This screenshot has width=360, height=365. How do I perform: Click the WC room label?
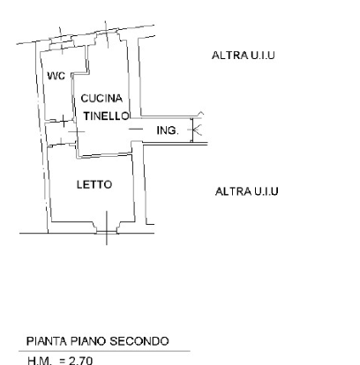coord(56,76)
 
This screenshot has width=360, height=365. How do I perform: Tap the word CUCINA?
coord(101,99)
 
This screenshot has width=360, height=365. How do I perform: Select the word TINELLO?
coord(106,116)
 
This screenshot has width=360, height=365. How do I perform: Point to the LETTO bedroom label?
coord(94,184)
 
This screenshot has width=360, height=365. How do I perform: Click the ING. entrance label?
coord(168,130)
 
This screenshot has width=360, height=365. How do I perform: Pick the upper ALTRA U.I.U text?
coord(244,56)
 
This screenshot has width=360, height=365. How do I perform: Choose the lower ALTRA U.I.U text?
coord(247,191)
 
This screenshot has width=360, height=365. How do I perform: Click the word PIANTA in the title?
coord(47,341)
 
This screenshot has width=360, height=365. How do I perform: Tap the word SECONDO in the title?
coord(139,341)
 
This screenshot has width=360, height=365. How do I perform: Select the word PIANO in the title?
coord(88,341)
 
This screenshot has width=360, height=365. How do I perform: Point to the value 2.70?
coord(80,361)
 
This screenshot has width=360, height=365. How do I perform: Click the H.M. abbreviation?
coord(40,361)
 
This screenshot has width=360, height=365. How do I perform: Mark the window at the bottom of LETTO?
coord(107,231)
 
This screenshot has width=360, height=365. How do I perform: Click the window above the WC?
coord(62,44)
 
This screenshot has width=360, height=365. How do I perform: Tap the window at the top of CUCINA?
coord(107,36)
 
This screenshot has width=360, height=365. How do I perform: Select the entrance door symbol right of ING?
coord(196,130)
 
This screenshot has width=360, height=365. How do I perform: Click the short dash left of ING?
coord(136,129)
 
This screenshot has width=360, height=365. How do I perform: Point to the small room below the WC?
coord(61,133)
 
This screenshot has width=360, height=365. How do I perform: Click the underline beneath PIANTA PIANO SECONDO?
coord(104,351)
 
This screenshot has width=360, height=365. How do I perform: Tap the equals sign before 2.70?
coord(62,361)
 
